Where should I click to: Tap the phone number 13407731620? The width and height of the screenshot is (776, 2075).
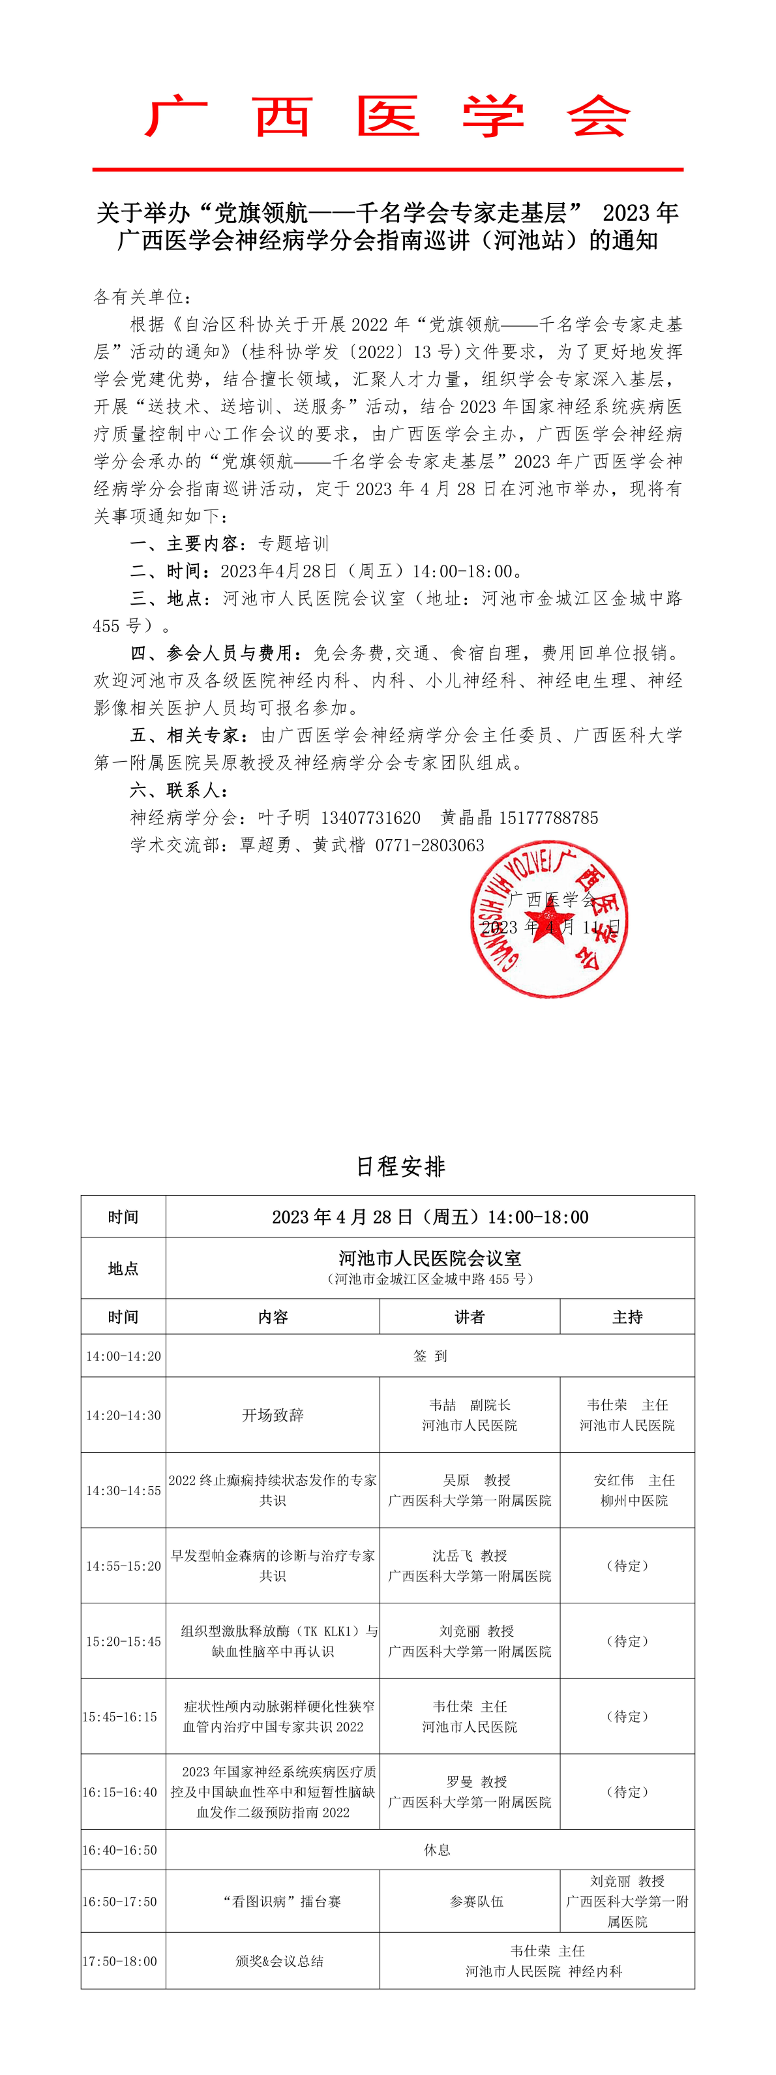(370, 817)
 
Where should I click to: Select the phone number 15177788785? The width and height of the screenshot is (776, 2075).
(548, 817)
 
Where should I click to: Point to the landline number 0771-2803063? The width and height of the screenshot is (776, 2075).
(430, 845)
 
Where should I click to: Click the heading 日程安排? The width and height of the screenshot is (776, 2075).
(400, 1166)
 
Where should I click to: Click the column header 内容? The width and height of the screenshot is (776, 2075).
(273, 1316)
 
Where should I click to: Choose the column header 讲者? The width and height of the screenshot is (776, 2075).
(470, 1316)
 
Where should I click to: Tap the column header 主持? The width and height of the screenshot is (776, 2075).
(627, 1316)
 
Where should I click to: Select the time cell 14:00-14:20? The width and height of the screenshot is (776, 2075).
(123, 1356)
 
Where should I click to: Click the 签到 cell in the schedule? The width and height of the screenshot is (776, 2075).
(430, 1356)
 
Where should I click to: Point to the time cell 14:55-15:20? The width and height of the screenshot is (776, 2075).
(123, 1566)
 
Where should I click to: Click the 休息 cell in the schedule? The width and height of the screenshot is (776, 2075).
(437, 1849)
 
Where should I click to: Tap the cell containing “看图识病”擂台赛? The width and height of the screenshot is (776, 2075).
(282, 1901)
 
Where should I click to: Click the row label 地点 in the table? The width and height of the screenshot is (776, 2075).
(123, 1268)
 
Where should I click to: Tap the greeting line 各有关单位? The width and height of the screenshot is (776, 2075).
(142, 297)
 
